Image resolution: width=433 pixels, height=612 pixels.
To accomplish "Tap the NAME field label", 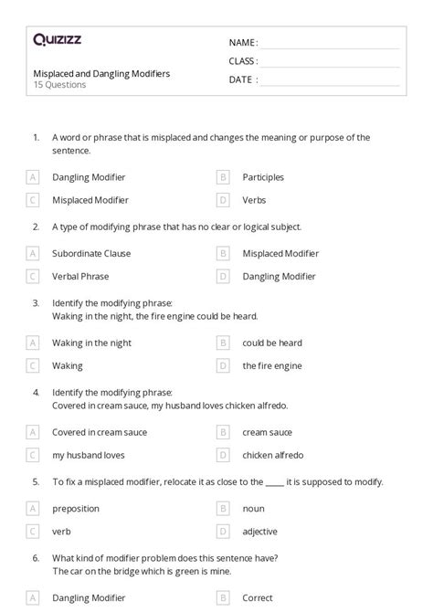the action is [243, 43].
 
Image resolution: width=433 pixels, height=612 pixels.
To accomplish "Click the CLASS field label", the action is [243, 61].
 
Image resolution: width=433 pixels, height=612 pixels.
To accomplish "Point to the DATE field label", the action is [241, 79].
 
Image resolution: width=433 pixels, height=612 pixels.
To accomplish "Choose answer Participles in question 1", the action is [263, 177].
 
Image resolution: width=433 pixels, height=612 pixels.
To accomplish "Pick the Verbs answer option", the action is [254, 200].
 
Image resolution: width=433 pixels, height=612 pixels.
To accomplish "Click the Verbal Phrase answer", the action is [80, 276].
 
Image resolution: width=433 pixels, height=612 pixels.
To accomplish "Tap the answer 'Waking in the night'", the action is [91, 343].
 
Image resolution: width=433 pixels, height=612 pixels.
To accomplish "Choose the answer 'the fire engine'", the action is [271, 365].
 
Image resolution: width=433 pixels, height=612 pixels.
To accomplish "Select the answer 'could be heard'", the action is [272, 343].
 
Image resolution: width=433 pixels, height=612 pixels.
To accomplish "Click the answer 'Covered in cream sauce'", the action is [100, 432].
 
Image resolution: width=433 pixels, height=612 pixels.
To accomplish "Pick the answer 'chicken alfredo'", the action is [273, 455].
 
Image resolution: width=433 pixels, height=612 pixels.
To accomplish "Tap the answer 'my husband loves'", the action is [89, 455].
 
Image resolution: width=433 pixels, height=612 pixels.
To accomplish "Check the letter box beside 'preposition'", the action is [34, 508].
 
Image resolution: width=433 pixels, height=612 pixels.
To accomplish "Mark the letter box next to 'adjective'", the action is [223, 531].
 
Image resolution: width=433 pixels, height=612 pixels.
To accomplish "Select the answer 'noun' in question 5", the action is [253, 508].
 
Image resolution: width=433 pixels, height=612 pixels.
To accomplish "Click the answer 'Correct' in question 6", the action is [258, 597].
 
